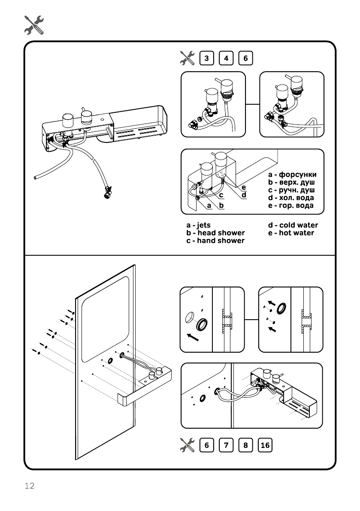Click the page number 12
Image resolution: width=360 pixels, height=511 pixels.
29,486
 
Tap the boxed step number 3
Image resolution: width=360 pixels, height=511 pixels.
207,58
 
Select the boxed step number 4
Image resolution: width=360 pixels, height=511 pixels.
226,58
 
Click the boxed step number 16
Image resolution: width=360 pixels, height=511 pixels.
265,445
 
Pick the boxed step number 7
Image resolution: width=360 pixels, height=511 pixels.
226,445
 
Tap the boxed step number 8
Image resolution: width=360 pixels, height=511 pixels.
245,445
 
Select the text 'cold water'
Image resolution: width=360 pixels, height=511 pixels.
299,225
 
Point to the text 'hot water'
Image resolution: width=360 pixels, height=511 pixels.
296,233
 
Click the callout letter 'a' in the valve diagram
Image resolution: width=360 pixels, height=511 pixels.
209,206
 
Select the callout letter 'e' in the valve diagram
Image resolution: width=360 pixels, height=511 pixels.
243,187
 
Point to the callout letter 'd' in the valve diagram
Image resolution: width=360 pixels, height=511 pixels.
243,195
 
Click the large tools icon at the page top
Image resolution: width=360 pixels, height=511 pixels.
34,25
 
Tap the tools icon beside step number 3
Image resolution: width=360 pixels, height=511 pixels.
187,58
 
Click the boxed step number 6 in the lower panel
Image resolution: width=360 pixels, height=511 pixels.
207,445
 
